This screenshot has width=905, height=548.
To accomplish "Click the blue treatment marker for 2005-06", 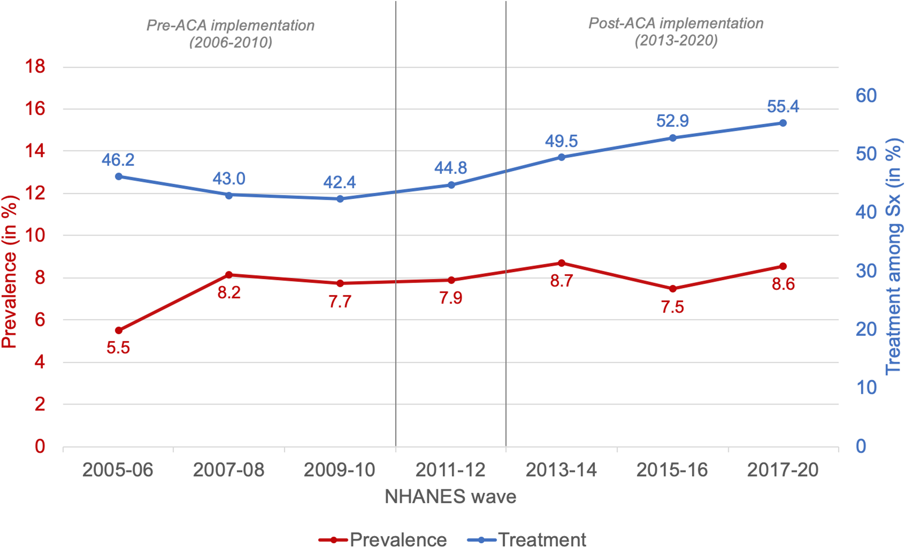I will click(118, 177).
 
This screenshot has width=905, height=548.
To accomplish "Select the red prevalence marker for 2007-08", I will click(229, 275).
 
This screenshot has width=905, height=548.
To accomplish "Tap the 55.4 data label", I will click(783, 107).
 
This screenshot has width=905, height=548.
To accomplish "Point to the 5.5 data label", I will click(118, 348).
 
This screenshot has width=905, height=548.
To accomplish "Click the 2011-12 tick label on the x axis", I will click(450, 470).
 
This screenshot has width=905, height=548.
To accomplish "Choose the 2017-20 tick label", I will click(783, 470).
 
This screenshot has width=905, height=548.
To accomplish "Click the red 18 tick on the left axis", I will click(35, 67).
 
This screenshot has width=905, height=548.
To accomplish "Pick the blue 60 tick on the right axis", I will click(866, 96).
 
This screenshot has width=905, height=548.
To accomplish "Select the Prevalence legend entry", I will click(383, 539).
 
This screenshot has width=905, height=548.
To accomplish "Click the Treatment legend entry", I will click(526, 539).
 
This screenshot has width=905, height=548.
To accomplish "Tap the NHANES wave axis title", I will click(450, 497).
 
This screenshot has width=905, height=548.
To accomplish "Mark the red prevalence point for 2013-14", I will click(561, 263).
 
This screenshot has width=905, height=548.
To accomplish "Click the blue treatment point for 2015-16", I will click(672, 138).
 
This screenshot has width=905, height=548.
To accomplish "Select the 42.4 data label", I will click(339, 182).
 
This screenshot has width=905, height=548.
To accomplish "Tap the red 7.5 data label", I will click(672, 307).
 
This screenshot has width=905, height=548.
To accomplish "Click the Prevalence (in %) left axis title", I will click(10, 272).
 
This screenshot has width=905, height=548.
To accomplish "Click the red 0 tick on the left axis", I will click(40, 446).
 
